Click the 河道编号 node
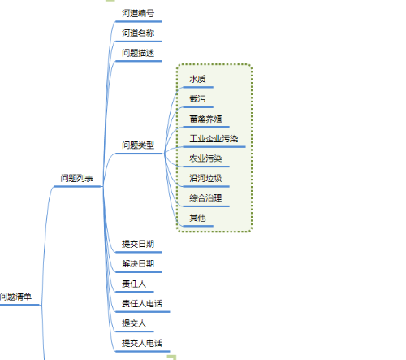tap(138, 13)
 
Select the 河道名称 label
tap(138, 33)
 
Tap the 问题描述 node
tap(138, 53)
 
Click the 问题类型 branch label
tap(138, 145)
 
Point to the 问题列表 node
tap(77, 178)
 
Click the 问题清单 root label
tap(15, 297)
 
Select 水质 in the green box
tap(197, 79)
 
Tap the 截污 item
tap(197, 99)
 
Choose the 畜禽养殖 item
tap(205, 119)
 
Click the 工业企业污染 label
tap(214, 139)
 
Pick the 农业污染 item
tap(205, 158)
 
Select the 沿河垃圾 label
tap(205, 178)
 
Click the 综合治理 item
tap(205, 198)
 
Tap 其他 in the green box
tap(197, 218)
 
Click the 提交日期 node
tap(138, 244)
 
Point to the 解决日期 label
tap(138, 264)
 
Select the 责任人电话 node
tap(142, 304)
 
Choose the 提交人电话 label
tap(142, 343)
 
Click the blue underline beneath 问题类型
tap(139, 154)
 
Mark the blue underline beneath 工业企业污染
tap(214, 147)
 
